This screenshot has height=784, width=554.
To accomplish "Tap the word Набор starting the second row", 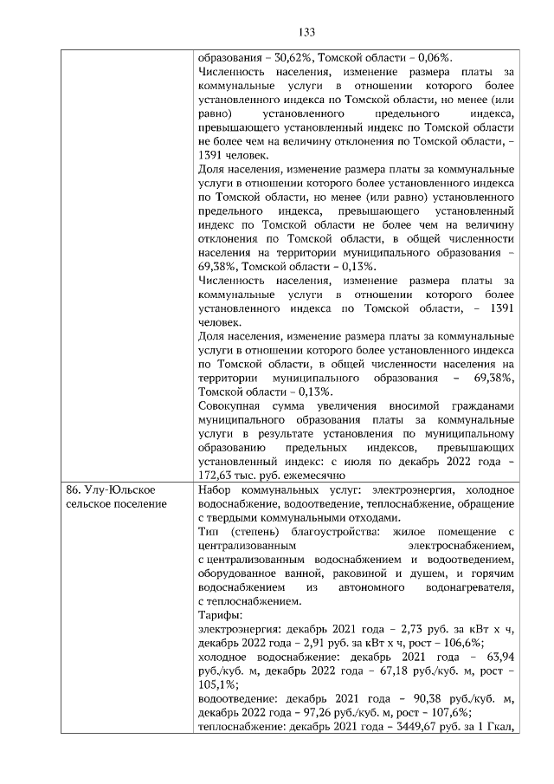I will point(216,490).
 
